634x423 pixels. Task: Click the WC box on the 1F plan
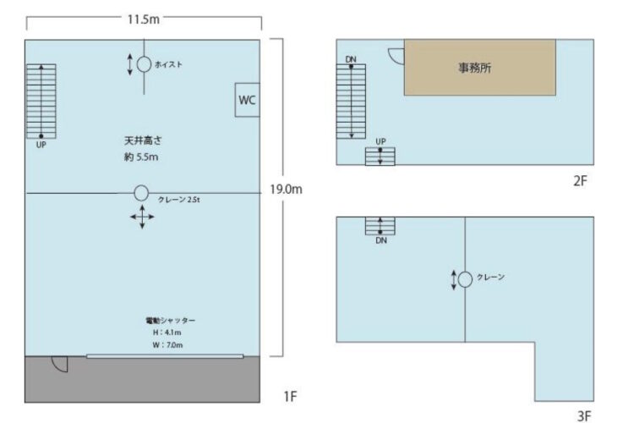[x=247, y=100]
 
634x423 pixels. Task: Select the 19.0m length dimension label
[x=285, y=190]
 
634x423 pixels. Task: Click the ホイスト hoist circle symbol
[x=143, y=64]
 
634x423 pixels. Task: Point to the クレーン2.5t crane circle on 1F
[x=141, y=193]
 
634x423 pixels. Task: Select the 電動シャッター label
[x=170, y=321]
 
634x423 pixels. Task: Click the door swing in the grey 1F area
[x=60, y=364]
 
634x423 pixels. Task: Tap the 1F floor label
[x=291, y=395]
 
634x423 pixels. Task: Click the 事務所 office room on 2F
[x=479, y=68]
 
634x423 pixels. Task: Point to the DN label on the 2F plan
[x=351, y=59]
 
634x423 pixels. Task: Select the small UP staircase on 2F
[x=380, y=157]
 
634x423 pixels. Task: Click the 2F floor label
[x=579, y=181]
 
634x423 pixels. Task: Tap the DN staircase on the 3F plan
[x=380, y=226]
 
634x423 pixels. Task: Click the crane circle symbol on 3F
[x=465, y=278]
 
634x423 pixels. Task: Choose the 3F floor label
[x=583, y=415]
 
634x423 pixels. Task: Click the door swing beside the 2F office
[x=396, y=54]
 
